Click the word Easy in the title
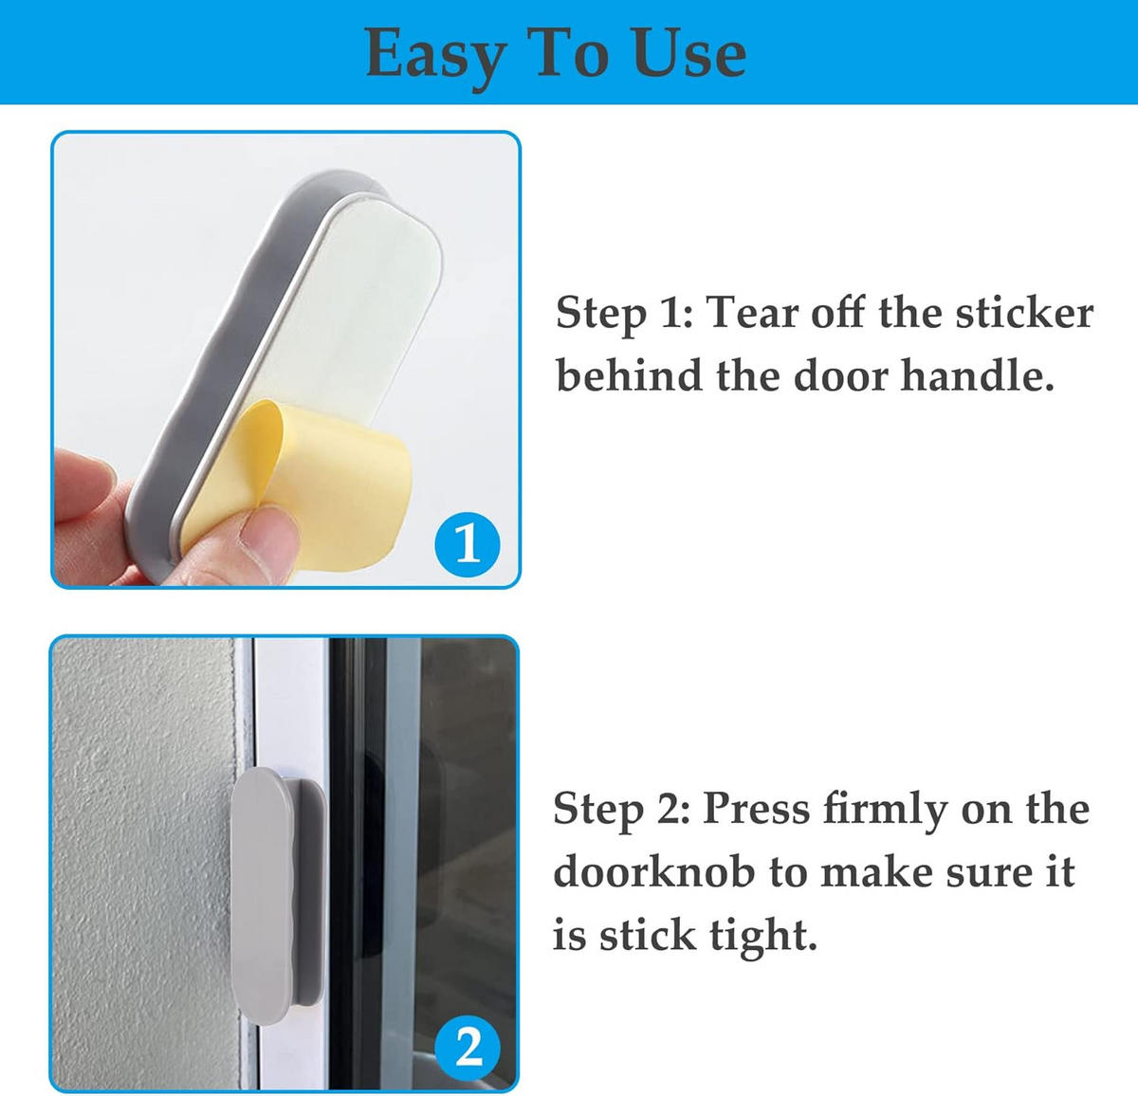(x=435, y=57)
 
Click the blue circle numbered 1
(x=468, y=544)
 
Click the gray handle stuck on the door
(x=275, y=894)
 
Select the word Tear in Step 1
(x=753, y=313)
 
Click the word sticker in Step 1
(x=1024, y=313)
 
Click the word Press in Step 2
(x=757, y=809)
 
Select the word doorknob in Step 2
(x=653, y=871)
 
